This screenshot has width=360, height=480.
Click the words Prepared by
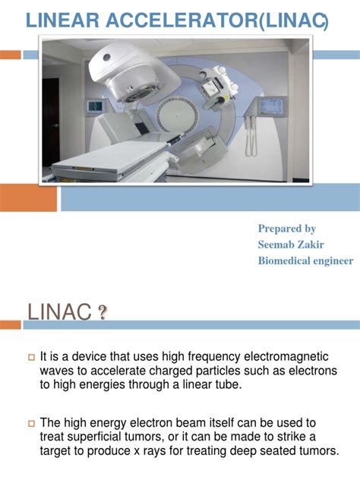tap(286, 228)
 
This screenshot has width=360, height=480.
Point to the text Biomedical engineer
tap(305, 261)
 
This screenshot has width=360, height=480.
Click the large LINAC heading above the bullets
tap(57, 312)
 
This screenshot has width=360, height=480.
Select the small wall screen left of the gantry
tap(96, 106)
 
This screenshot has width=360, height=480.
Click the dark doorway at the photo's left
tap(50, 122)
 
